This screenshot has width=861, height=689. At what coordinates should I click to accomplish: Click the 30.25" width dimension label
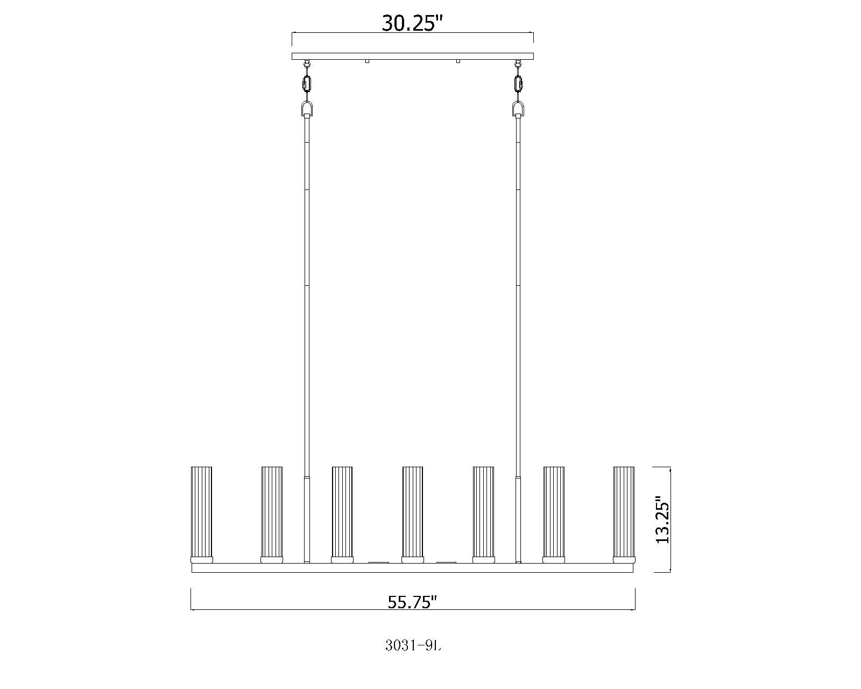pyautogui.click(x=412, y=23)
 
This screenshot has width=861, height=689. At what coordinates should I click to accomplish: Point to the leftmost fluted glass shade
pyautogui.click(x=201, y=512)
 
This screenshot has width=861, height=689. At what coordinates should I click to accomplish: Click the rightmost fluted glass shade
pyautogui.click(x=624, y=512)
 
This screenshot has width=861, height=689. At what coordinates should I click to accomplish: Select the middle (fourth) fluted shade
pyautogui.click(x=413, y=512)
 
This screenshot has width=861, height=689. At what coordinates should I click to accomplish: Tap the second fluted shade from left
pyautogui.click(x=272, y=512)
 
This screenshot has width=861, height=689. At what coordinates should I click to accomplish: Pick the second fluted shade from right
pyautogui.click(x=554, y=512)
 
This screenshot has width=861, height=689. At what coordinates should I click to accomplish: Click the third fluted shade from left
pyautogui.click(x=342, y=512)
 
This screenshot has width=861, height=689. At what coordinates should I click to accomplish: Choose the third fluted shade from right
pyautogui.click(x=483, y=512)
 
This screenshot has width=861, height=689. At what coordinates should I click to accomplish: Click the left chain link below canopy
pyautogui.click(x=307, y=84)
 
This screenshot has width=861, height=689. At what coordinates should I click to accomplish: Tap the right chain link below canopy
pyautogui.click(x=519, y=84)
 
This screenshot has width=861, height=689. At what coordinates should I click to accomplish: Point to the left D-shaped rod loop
pyautogui.click(x=307, y=110)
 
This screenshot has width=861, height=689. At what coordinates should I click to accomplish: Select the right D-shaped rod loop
pyautogui.click(x=519, y=110)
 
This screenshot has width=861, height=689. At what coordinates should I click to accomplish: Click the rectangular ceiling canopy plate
pyautogui.click(x=413, y=56)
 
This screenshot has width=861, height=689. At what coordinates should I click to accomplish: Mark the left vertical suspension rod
pyautogui.click(x=307, y=296)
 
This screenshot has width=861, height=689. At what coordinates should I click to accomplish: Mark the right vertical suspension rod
pyautogui.click(x=519, y=296)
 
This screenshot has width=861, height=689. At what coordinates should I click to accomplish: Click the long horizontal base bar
pyautogui.click(x=413, y=568)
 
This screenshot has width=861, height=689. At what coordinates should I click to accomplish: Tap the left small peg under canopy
pyautogui.click(x=367, y=61)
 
